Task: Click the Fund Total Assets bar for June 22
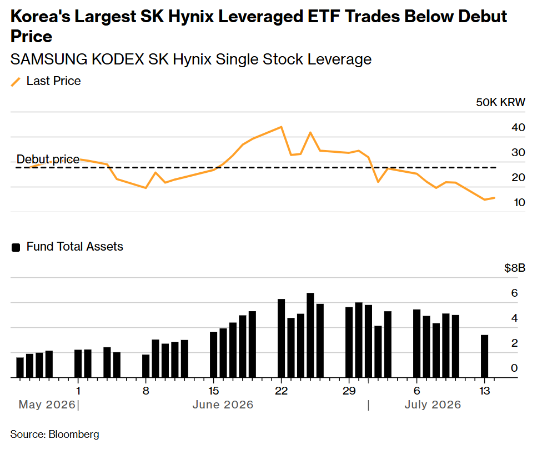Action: click(281, 338)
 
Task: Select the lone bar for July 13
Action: click(485, 356)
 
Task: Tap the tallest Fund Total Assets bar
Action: click(310, 335)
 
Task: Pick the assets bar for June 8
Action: click(146, 366)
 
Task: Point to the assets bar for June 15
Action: click(214, 355)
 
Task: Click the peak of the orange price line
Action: click(281, 127)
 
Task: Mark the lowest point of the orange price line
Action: click(485, 199)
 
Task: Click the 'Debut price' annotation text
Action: click(48, 159)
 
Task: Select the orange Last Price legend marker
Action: click(16, 82)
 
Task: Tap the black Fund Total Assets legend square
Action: click(16, 247)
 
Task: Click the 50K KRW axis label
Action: click(500, 102)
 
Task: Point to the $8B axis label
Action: click(514, 268)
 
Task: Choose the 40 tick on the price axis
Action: click(518, 127)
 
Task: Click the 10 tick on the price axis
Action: click(519, 202)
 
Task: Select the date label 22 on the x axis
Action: click(281, 391)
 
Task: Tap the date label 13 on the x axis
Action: click(485, 391)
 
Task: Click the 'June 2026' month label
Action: click(223, 405)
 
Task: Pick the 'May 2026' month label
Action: click(47, 405)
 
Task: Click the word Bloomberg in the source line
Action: click(74, 434)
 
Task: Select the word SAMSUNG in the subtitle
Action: click(49, 59)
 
